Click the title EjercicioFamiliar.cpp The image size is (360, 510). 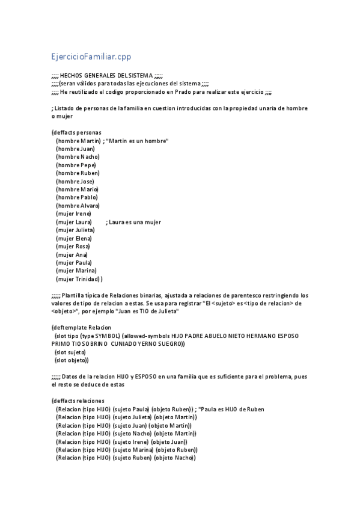click(91, 57)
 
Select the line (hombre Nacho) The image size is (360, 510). click(78, 156)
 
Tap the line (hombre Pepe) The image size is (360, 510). click(76, 165)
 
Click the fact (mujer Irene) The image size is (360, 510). click(73, 214)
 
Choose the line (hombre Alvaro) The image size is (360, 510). click(78, 205)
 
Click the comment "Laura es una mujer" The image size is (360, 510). click(135, 222)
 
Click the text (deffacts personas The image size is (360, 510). click(76, 132)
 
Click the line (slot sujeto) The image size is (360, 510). click(70, 352)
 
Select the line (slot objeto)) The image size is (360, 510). click(72, 360)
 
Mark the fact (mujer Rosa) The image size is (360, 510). click(73, 246)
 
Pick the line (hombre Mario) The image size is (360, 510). click(76, 189)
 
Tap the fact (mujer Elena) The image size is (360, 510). click(73, 238)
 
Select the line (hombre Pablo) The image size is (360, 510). click(76, 197)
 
